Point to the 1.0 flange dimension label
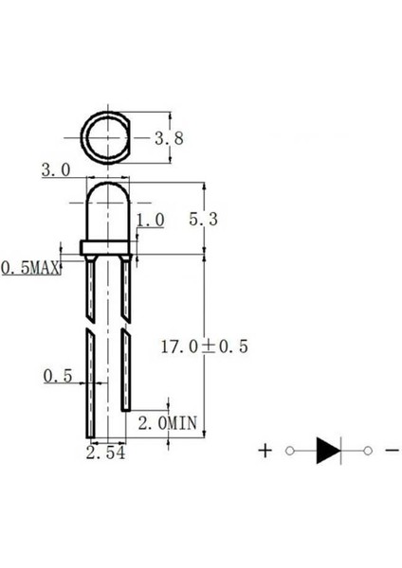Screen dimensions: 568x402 (x=151, y=220)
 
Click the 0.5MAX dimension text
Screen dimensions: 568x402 (x=29, y=269)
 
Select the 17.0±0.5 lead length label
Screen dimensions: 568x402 (x=206, y=347)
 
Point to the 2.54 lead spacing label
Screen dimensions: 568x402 (x=105, y=454)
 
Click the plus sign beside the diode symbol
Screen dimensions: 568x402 (x=265, y=451)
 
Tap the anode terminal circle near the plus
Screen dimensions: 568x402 (x=289, y=452)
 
